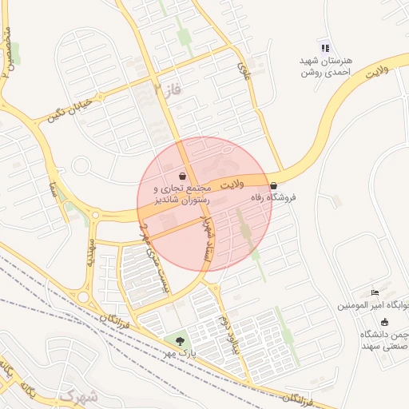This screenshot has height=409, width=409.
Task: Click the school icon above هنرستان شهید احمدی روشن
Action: (324, 48)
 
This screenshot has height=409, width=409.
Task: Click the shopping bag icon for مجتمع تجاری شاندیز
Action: (184, 175)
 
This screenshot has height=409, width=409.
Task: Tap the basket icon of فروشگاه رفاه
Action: (273, 185)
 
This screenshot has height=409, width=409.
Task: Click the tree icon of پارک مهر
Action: (178, 340)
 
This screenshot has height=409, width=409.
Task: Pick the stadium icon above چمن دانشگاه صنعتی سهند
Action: (384, 322)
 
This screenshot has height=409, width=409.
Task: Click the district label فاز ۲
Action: (168, 89)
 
